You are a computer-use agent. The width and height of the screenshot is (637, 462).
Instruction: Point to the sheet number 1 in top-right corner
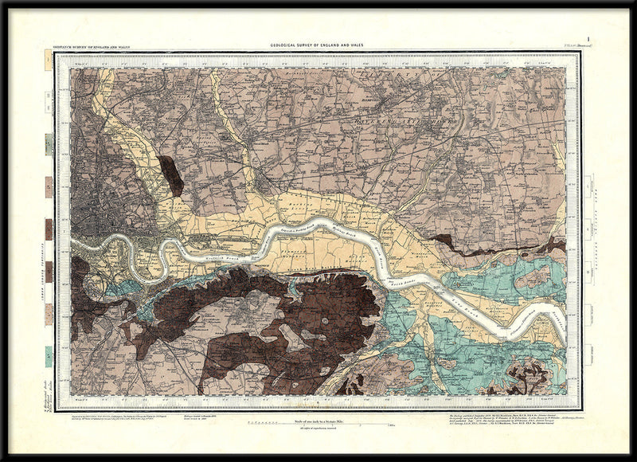coord(587,38)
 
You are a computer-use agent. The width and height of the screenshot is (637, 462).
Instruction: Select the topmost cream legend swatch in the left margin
coord(49,61)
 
